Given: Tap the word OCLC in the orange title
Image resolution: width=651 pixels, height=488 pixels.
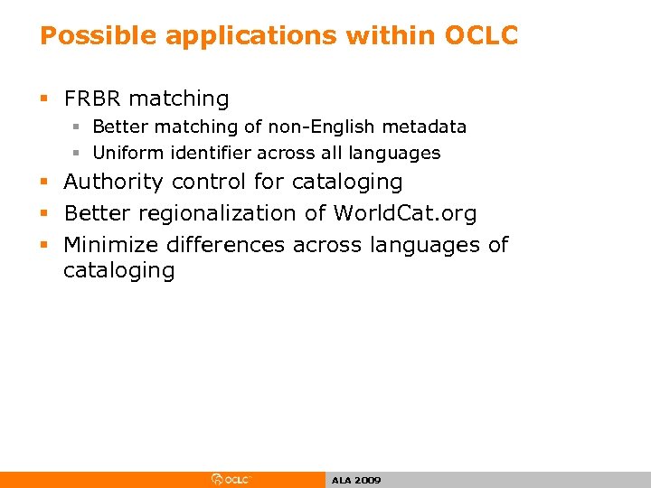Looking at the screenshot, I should pos(480,35).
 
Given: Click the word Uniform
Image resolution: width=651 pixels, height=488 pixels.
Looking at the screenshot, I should pos(127,153).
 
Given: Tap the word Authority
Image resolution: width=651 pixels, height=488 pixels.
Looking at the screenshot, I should pos(114,182).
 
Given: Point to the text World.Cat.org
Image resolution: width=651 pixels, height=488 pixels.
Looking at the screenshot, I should pos(404,213).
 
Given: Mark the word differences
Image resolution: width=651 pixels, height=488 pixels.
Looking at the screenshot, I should pos(234,245).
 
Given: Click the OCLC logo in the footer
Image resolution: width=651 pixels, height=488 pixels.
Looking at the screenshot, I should pos(231,480).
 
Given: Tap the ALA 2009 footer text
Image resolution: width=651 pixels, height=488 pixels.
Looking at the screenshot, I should pos(355,480).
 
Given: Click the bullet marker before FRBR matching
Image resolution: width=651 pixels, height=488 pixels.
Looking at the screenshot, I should pos(45,99).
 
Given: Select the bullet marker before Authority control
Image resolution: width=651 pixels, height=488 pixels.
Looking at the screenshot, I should pos(45,183).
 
